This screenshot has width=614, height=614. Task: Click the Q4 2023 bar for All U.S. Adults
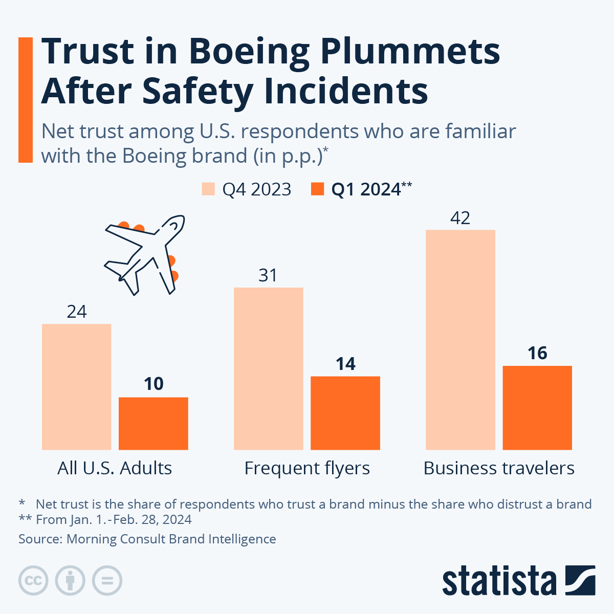[77, 387]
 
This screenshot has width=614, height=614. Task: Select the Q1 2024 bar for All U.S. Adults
[153, 424]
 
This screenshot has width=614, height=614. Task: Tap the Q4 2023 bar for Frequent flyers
[269, 368]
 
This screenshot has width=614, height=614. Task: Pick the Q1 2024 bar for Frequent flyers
[345, 413]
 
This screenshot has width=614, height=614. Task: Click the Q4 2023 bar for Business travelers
[461, 340]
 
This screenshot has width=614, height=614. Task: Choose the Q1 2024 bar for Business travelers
[537, 408]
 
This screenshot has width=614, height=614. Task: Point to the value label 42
[460, 218]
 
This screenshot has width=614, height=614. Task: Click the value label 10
[153, 384]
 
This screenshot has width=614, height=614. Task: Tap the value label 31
[268, 276]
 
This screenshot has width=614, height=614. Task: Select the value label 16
[537, 353]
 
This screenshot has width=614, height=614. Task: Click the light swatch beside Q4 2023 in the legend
[208, 189]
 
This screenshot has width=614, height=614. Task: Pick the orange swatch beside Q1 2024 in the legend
[318, 189]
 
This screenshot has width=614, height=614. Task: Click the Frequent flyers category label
[307, 468]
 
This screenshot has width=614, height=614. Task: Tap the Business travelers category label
[499, 468]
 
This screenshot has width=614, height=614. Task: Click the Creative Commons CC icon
[33, 581]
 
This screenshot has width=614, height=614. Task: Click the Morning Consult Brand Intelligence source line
[147, 539]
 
